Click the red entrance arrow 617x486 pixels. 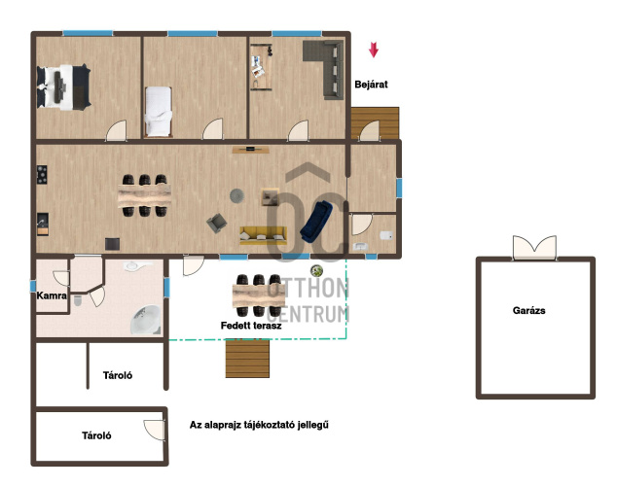pyautogui.click(x=374, y=50)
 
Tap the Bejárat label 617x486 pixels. pyautogui.click(x=371, y=85)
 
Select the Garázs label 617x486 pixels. pyautogui.click(x=528, y=311)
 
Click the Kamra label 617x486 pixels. pyautogui.click(x=52, y=295)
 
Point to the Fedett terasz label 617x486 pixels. pyautogui.click(x=251, y=326)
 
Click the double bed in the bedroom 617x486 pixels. pyautogui.click(x=64, y=87)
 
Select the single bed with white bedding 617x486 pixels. pyautogui.click(x=159, y=112)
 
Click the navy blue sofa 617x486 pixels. pyautogui.click(x=316, y=222)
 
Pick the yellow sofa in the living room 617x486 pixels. pyautogui.click(x=264, y=235)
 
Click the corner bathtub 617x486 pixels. pyautogui.click(x=146, y=320)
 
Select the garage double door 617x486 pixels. pyautogui.click(x=534, y=247)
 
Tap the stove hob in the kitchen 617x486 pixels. pyautogui.click(x=42, y=175)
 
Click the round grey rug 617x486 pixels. pyautogui.click(x=236, y=195)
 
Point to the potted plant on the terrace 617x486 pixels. pyautogui.click(x=316, y=270)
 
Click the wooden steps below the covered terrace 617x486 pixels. pyautogui.click(x=247, y=359)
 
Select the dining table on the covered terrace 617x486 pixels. pyautogui.click(x=259, y=295)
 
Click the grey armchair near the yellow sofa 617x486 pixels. pyautogui.click(x=216, y=224)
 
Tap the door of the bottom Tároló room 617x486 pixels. pyautogui.click(x=154, y=430)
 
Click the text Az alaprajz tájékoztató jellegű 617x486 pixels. pyautogui.click(x=259, y=425)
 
